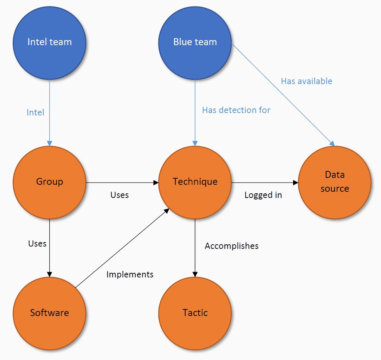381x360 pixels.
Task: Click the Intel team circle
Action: [x=49, y=42]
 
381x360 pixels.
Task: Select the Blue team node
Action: [x=195, y=42]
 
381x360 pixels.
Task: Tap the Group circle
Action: [x=49, y=182]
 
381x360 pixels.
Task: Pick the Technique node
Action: [x=195, y=182]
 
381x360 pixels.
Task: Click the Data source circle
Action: [x=334, y=182]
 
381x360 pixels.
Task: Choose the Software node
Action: [x=49, y=313]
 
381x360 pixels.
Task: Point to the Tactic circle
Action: [x=195, y=313]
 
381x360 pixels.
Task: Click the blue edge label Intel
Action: [x=35, y=113]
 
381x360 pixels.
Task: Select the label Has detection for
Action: [x=236, y=110]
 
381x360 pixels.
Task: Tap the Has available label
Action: [x=306, y=81]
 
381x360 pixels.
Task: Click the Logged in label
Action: [x=263, y=195]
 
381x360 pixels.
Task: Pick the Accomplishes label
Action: [x=231, y=246]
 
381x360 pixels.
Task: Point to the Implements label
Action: [x=130, y=275]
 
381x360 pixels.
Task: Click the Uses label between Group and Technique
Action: [x=120, y=195]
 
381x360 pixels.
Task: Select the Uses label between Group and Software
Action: [x=37, y=244]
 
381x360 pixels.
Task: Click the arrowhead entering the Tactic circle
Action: [x=195, y=274]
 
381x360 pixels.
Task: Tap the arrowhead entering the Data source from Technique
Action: [x=295, y=182]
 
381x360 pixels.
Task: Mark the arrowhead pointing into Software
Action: [x=49, y=274]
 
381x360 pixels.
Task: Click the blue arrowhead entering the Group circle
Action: [x=49, y=143]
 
